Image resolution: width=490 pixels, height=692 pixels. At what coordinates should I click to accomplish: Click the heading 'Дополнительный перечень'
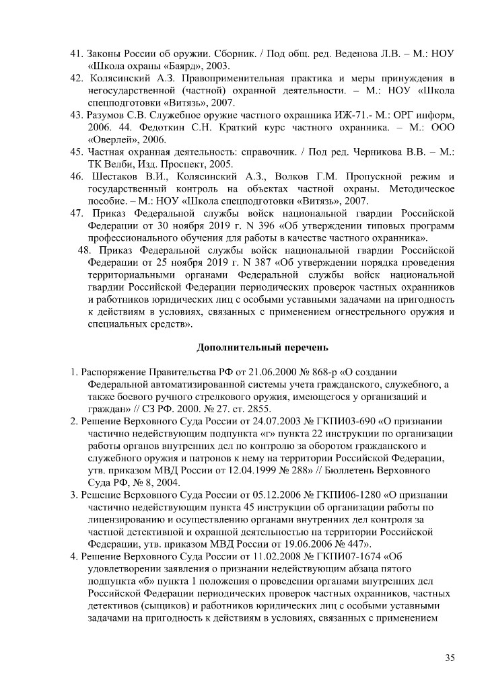tap(262, 348)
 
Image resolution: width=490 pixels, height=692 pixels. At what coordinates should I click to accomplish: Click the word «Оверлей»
tap(113, 140)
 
